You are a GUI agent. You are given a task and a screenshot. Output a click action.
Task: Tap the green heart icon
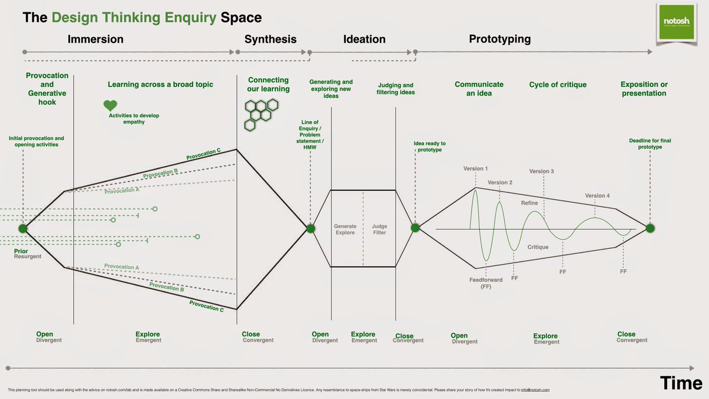coord(110,106)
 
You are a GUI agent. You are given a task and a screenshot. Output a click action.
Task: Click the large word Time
coord(682,383)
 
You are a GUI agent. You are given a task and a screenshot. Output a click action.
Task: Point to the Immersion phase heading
coord(95,40)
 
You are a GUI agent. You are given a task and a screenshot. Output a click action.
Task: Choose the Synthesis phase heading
coord(270,40)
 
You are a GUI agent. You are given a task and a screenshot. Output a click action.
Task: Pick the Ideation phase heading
coord(364,40)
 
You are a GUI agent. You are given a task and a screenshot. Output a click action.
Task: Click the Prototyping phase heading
coord(499,40)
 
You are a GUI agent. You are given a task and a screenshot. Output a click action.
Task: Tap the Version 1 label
coord(476,169)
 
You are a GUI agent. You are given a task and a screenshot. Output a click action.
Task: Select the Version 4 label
coord(597,196)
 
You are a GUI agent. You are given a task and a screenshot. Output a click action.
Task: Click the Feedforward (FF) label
coord(480,282)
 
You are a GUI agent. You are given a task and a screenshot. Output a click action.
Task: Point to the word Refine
coord(529,203)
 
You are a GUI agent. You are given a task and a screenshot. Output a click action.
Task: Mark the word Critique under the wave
coord(538,247)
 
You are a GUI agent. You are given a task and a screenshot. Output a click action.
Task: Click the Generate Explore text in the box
coord(345,229)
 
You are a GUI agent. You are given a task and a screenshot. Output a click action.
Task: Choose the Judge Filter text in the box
coord(379,229)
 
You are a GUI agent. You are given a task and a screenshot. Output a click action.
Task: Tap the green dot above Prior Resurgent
coord(23,229)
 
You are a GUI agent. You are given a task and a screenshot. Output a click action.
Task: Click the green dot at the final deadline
coord(650,228)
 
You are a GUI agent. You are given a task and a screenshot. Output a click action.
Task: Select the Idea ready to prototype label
coord(430,147)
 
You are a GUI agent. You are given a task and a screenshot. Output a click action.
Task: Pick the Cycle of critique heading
coord(558,85)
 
